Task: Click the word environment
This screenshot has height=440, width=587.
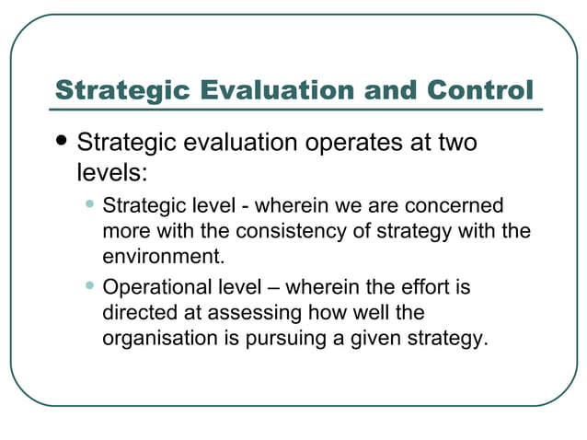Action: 164,255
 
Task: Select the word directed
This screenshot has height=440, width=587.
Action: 137,313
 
